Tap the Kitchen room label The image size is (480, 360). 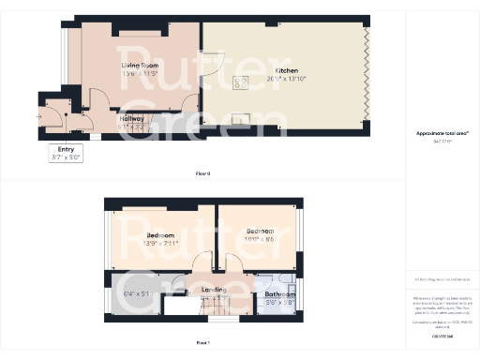pos(286,70)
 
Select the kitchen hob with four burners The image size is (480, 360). pos(241,82)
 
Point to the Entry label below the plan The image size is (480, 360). pos(66,150)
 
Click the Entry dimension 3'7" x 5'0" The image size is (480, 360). pos(66,158)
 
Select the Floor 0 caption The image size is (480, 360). pos(202,174)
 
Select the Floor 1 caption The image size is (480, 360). pos(202,343)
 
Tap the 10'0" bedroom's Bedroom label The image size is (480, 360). pos(260,231)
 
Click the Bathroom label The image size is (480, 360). pos(274,294)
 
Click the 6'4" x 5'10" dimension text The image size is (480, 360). pos(138,293)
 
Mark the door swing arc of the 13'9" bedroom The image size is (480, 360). pos(201,265)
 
